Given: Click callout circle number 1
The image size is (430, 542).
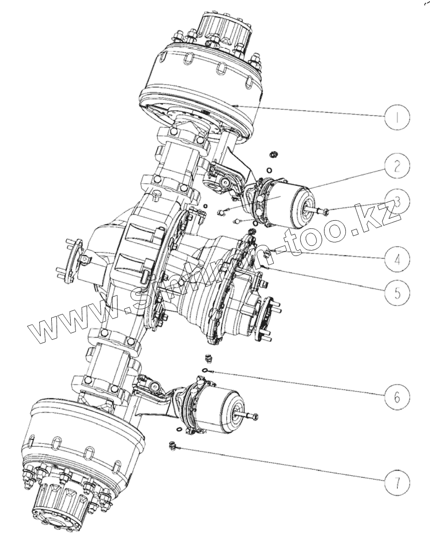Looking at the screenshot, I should click(x=397, y=117).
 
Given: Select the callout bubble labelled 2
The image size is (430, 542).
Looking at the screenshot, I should click(x=397, y=166).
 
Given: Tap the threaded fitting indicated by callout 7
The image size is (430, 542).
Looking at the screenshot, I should click(x=172, y=445).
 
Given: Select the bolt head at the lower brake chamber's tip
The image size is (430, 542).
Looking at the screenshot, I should click(x=255, y=416).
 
